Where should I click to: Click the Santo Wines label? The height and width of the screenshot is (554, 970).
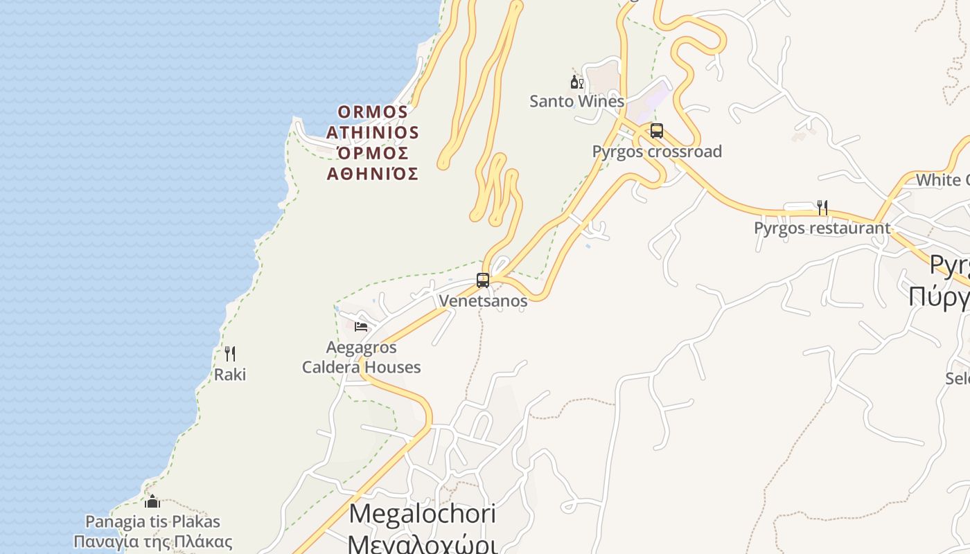tap(576, 101)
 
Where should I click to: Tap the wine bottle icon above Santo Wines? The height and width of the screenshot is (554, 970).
tap(576, 82)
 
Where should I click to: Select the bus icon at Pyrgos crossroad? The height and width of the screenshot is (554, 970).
tap(656, 130)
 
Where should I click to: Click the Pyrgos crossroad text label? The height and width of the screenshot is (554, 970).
tap(657, 151)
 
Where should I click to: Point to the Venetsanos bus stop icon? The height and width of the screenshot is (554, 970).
tap(483, 280)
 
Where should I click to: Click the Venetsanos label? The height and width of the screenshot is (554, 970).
tap(483, 301)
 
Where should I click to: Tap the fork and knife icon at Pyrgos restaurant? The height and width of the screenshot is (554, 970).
tap(822, 207)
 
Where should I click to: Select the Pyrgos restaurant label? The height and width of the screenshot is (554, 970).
tap(822, 228)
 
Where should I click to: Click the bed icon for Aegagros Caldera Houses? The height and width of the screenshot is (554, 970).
tap(361, 326)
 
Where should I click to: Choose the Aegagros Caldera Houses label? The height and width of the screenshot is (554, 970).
tap(361, 357)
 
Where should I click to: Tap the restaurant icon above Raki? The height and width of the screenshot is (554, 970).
tap(230, 354)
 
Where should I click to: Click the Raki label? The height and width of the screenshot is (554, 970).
tap(230, 375)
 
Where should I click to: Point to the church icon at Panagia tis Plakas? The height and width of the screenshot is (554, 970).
tap(152, 501)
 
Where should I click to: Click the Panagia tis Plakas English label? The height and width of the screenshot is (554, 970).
tap(152, 521)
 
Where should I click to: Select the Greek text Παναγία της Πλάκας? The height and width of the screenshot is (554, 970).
tap(152, 542)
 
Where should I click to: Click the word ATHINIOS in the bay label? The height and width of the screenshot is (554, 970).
tap(373, 132)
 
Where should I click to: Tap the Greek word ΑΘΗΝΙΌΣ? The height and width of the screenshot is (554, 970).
tap(373, 174)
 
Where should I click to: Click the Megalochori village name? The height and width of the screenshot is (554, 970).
tap(422, 514)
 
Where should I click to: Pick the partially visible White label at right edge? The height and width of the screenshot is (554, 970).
tap(942, 180)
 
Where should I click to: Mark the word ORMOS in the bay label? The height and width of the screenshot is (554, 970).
tap(373, 111)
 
